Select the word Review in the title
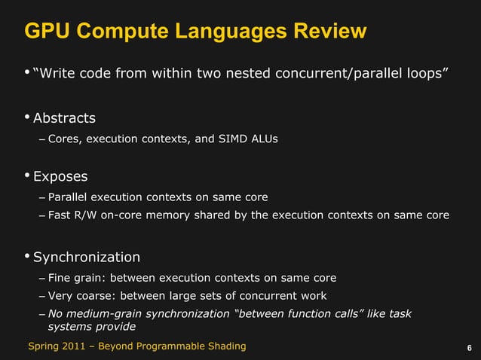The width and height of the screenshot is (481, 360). [x=329, y=32]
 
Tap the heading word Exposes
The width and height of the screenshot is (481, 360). [x=60, y=177]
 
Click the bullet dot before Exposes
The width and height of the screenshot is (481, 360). [x=27, y=175]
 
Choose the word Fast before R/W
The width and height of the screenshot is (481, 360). [x=60, y=216]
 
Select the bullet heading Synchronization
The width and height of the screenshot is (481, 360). [x=87, y=257]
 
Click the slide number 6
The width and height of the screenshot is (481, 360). [x=470, y=348]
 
